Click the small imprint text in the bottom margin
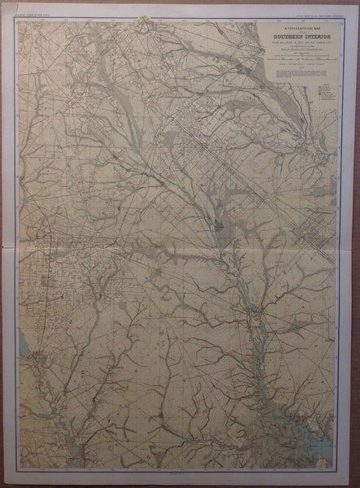coord(180,471)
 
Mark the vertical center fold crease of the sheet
coord(180,244)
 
